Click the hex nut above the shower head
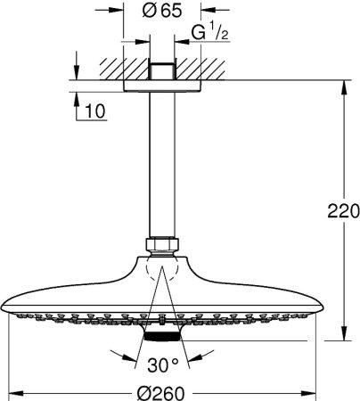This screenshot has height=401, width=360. tap(161, 245)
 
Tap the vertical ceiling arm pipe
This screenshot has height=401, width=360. tap(161, 160)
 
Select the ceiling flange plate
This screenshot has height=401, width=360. tap(161, 86)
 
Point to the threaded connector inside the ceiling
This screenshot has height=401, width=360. tap(161, 70)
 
